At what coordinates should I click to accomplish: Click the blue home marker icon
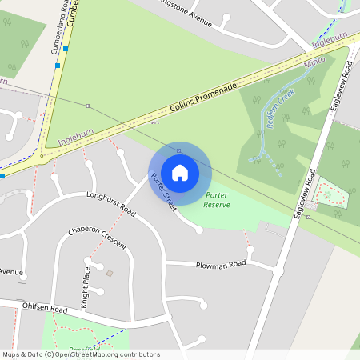[179, 172]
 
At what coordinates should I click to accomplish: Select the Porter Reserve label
[217, 200]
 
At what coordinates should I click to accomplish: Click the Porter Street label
[163, 193]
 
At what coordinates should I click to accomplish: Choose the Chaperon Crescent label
[97, 238]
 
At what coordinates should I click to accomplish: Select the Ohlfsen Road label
[46, 308]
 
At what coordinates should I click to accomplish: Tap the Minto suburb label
[317, 62]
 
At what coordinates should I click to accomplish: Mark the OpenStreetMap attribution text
[80, 354]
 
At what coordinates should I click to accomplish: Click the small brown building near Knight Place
[110, 274]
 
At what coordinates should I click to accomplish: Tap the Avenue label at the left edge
[11, 272]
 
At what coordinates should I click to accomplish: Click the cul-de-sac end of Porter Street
[199, 230]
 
